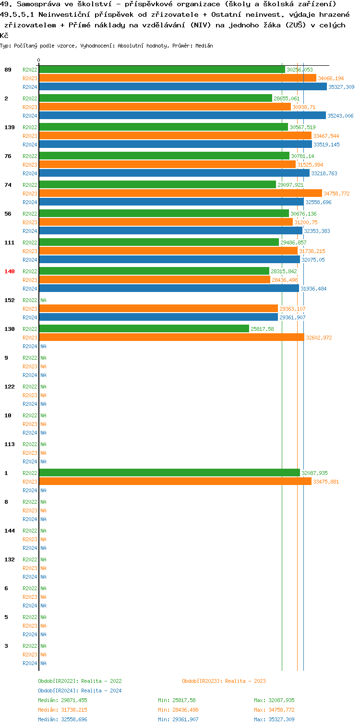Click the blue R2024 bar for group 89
(x=182, y=87)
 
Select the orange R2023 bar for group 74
(x=180, y=194)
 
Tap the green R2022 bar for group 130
(x=144, y=329)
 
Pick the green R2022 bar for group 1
(x=169, y=473)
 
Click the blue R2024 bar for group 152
(x=158, y=317)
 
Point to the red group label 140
(x=10, y=271)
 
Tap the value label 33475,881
(x=326, y=482)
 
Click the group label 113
(x=10, y=444)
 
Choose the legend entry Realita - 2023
(x=224, y=681)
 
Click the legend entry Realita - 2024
(x=80, y=691)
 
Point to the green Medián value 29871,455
(x=62, y=700)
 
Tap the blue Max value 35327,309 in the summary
(x=274, y=719)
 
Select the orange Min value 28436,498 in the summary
(x=178, y=710)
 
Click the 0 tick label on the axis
(x=39, y=61)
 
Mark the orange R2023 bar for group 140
(x=155, y=280)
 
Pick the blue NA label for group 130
(x=43, y=346)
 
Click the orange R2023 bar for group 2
(x=165, y=107)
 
